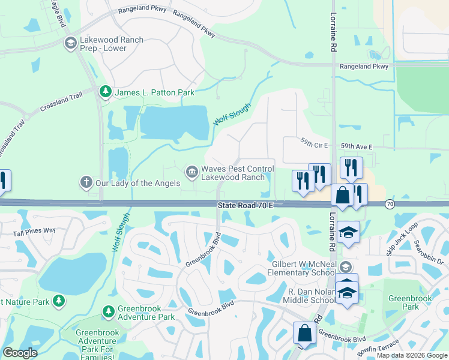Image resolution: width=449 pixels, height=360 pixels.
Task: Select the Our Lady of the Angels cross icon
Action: point(86,182)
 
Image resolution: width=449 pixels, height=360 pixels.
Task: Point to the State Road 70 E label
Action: point(246,205)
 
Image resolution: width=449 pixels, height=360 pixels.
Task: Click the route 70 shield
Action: point(390,205)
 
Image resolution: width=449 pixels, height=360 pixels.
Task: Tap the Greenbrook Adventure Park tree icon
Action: point(108,311)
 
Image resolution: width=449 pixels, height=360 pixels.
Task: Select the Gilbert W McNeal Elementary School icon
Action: point(345,266)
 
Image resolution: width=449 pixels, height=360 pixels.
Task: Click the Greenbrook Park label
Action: point(403,302)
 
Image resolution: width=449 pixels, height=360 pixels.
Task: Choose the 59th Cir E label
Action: point(315,145)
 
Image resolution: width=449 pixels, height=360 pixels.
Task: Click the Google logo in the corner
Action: point(20,353)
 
